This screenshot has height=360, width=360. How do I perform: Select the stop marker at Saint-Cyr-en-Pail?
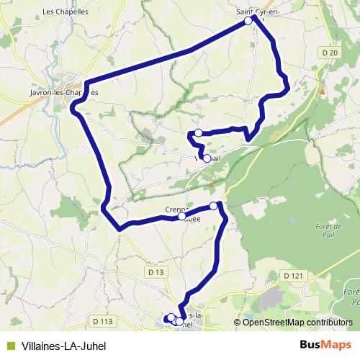(248, 21)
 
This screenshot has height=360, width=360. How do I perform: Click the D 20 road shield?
(330, 53)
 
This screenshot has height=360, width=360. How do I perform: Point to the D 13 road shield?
(156, 272)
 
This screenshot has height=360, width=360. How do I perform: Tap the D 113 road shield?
(104, 321)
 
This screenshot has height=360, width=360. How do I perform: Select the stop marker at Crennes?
(182, 216)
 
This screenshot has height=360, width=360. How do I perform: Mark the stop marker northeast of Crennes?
(214, 207)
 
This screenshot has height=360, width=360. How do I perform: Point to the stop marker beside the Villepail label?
(207, 158)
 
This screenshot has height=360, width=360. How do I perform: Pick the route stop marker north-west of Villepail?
(197, 132)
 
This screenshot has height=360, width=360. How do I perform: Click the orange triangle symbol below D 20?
(323, 91)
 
